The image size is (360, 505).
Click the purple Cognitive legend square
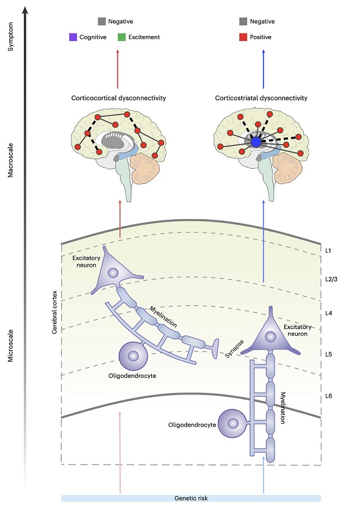pyautogui.click(x=73, y=37)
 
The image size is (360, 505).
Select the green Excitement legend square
pyautogui.click(x=121, y=37)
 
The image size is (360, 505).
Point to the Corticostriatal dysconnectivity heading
pyautogui.click(x=262, y=98)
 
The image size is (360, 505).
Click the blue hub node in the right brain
pyautogui.click(x=257, y=143)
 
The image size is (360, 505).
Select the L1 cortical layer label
pyautogui.click(x=328, y=249)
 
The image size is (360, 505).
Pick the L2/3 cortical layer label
pyautogui.click(x=330, y=280)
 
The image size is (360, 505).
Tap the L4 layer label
pyautogui.click(x=328, y=313)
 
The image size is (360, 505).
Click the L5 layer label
pyautogui.click(x=328, y=354)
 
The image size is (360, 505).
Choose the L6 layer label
pyautogui.click(x=328, y=396)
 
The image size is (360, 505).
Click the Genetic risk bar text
pyautogui.click(x=191, y=498)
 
